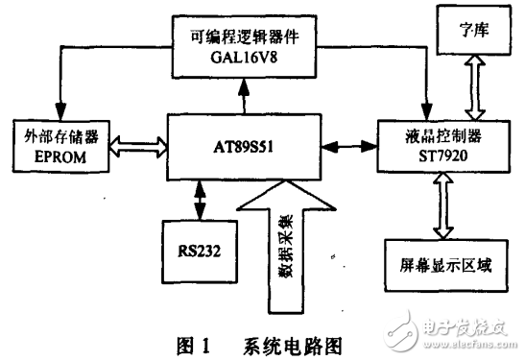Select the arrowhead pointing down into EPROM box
click(61, 109)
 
